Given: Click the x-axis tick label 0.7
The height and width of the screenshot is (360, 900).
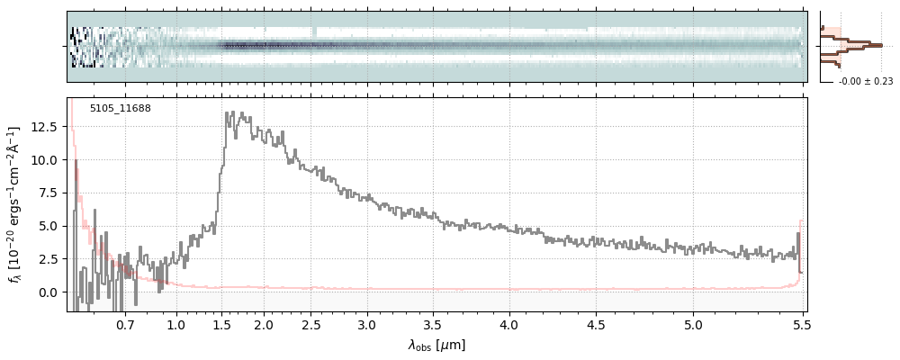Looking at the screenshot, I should [x=125, y=324].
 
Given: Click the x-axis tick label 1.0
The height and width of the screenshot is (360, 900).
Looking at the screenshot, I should [x=176, y=324].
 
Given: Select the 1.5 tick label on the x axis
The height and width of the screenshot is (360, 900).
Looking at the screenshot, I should [x=220, y=324].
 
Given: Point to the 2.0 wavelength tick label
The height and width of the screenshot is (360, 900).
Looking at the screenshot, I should [x=264, y=324].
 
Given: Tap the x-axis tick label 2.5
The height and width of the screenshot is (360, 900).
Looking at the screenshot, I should [x=310, y=324].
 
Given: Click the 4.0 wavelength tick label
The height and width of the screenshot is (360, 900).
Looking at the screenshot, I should [x=509, y=324].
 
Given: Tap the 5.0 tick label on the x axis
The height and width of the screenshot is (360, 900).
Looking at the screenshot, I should [x=693, y=324].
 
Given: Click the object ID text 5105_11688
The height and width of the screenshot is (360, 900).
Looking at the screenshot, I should [x=120, y=109].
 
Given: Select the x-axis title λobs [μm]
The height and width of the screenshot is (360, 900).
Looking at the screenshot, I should [x=436, y=345].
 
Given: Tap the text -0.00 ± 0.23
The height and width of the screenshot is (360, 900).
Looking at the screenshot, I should [x=865, y=82].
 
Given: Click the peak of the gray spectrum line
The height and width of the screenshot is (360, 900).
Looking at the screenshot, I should [x=231, y=112].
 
